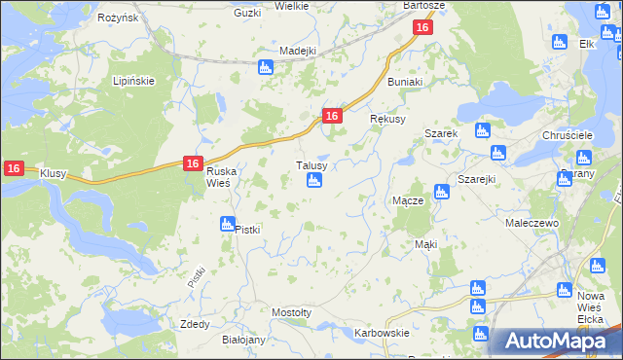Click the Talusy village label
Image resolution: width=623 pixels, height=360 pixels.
pos(317,165)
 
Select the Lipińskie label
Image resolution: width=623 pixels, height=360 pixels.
pos(133,81)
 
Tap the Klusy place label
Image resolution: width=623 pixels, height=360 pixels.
pos(53,173)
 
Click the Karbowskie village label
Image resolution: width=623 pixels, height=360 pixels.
pos(381,333)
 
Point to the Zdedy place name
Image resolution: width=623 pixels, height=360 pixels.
pos(195,324)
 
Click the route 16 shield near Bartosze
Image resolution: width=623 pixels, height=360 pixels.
pos(421,28)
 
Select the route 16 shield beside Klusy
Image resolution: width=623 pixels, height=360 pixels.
pos(13,168)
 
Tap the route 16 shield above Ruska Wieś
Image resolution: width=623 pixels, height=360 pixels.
pos(193,164)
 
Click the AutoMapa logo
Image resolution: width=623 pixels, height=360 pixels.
pos(554,341)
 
